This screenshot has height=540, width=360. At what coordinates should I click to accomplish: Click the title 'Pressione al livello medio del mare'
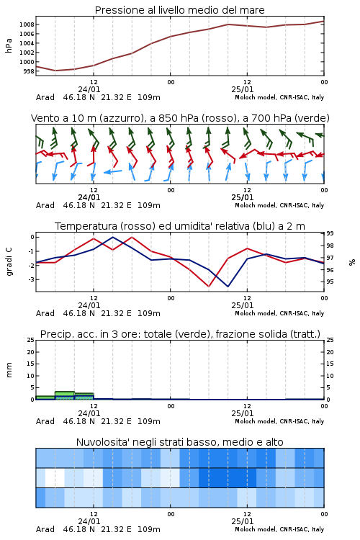tap(179, 10)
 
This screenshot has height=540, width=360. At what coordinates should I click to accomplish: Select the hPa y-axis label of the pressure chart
tap(9, 45)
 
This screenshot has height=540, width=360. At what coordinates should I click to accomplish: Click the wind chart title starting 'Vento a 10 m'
tap(180, 118)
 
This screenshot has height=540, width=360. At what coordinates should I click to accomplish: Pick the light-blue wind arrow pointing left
tap(112, 171)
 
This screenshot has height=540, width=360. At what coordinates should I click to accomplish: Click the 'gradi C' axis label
tap(9, 261)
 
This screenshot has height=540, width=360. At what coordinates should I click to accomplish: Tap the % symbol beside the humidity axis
tap(352, 262)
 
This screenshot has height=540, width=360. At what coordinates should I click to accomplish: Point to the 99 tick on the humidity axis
tap(330, 233)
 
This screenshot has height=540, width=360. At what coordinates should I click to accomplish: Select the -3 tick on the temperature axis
tap(31, 279)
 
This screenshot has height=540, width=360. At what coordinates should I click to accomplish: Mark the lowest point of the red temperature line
tap(208, 286)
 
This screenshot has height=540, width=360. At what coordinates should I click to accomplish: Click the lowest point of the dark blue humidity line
tap(228, 286)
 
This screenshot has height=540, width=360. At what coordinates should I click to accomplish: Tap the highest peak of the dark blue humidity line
tap(112, 237)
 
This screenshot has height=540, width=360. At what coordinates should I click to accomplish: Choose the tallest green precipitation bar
tap(65, 395)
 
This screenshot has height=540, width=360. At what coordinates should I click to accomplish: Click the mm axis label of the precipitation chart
tap(9, 369)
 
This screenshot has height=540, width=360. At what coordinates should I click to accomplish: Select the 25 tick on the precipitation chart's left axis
tap(31, 340)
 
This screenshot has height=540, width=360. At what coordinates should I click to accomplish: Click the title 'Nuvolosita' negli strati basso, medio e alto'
tap(179, 442)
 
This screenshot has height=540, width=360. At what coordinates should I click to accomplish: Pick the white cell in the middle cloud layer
tap(55, 477)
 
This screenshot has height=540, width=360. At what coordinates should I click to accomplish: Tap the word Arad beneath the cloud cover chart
tap(45, 529)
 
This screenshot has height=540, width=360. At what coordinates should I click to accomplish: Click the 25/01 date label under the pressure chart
tap(243, 89)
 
